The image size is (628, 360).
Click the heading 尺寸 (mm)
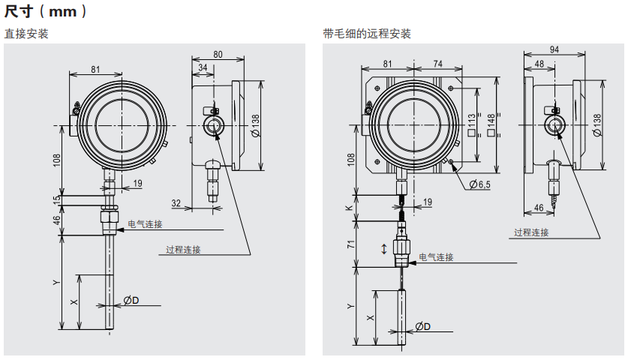click(47, 11)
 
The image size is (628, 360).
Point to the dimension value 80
click(218, 54)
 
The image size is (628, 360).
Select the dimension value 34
click(203, 68)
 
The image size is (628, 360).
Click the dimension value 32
click(176, 203)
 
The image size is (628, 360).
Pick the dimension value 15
click(56, 201)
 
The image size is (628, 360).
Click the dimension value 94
click(554, 49)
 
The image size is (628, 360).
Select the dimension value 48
click(539, 64)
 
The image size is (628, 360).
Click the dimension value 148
click(491, 121)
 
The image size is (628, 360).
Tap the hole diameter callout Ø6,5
click(479, 184)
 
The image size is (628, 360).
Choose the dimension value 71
click(350, 244)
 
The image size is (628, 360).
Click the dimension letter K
click(350, 208)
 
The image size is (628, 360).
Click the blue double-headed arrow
click(385, 248)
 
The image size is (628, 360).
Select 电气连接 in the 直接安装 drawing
click(145, 224)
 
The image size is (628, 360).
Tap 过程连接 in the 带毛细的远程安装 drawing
click(531, 232)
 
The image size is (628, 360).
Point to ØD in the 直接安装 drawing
click(132, 301)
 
